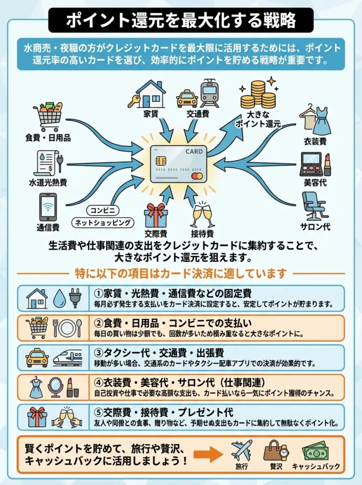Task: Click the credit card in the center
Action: (x=179, y=164)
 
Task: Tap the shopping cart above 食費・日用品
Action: (x=47, y=117)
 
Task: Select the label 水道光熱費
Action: (x=48, y=182)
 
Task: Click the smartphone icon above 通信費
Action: (x=48, y=207)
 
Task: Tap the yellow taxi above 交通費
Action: (x=187, y=99)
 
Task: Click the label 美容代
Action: (x=315, y=182)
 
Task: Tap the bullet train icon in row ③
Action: (x=67, y=358)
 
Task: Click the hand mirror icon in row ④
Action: (x=55, y=387)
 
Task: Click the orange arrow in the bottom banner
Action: (x=208, y=455)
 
